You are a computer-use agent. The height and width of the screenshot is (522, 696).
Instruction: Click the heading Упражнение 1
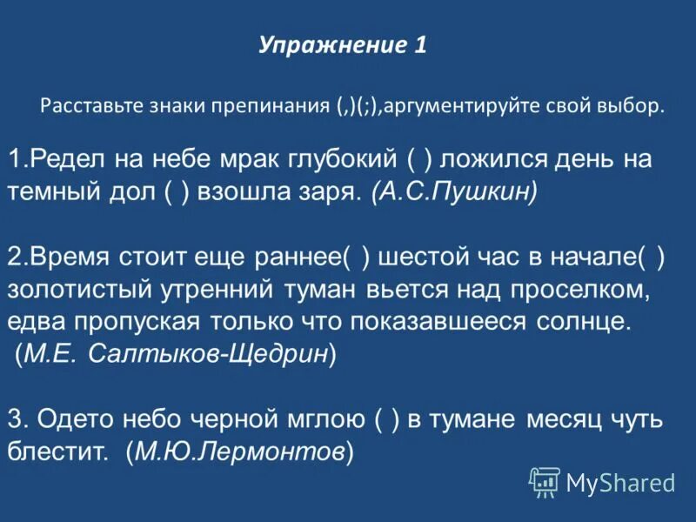[342, 45]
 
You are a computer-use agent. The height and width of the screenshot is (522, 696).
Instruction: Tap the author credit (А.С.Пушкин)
[452, 192]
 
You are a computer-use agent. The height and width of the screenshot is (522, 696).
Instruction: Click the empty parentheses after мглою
[387, 419]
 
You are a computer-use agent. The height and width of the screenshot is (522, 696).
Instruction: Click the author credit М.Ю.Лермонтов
[239, 452]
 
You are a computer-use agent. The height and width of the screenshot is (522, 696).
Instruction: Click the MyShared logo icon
[545, 480]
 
